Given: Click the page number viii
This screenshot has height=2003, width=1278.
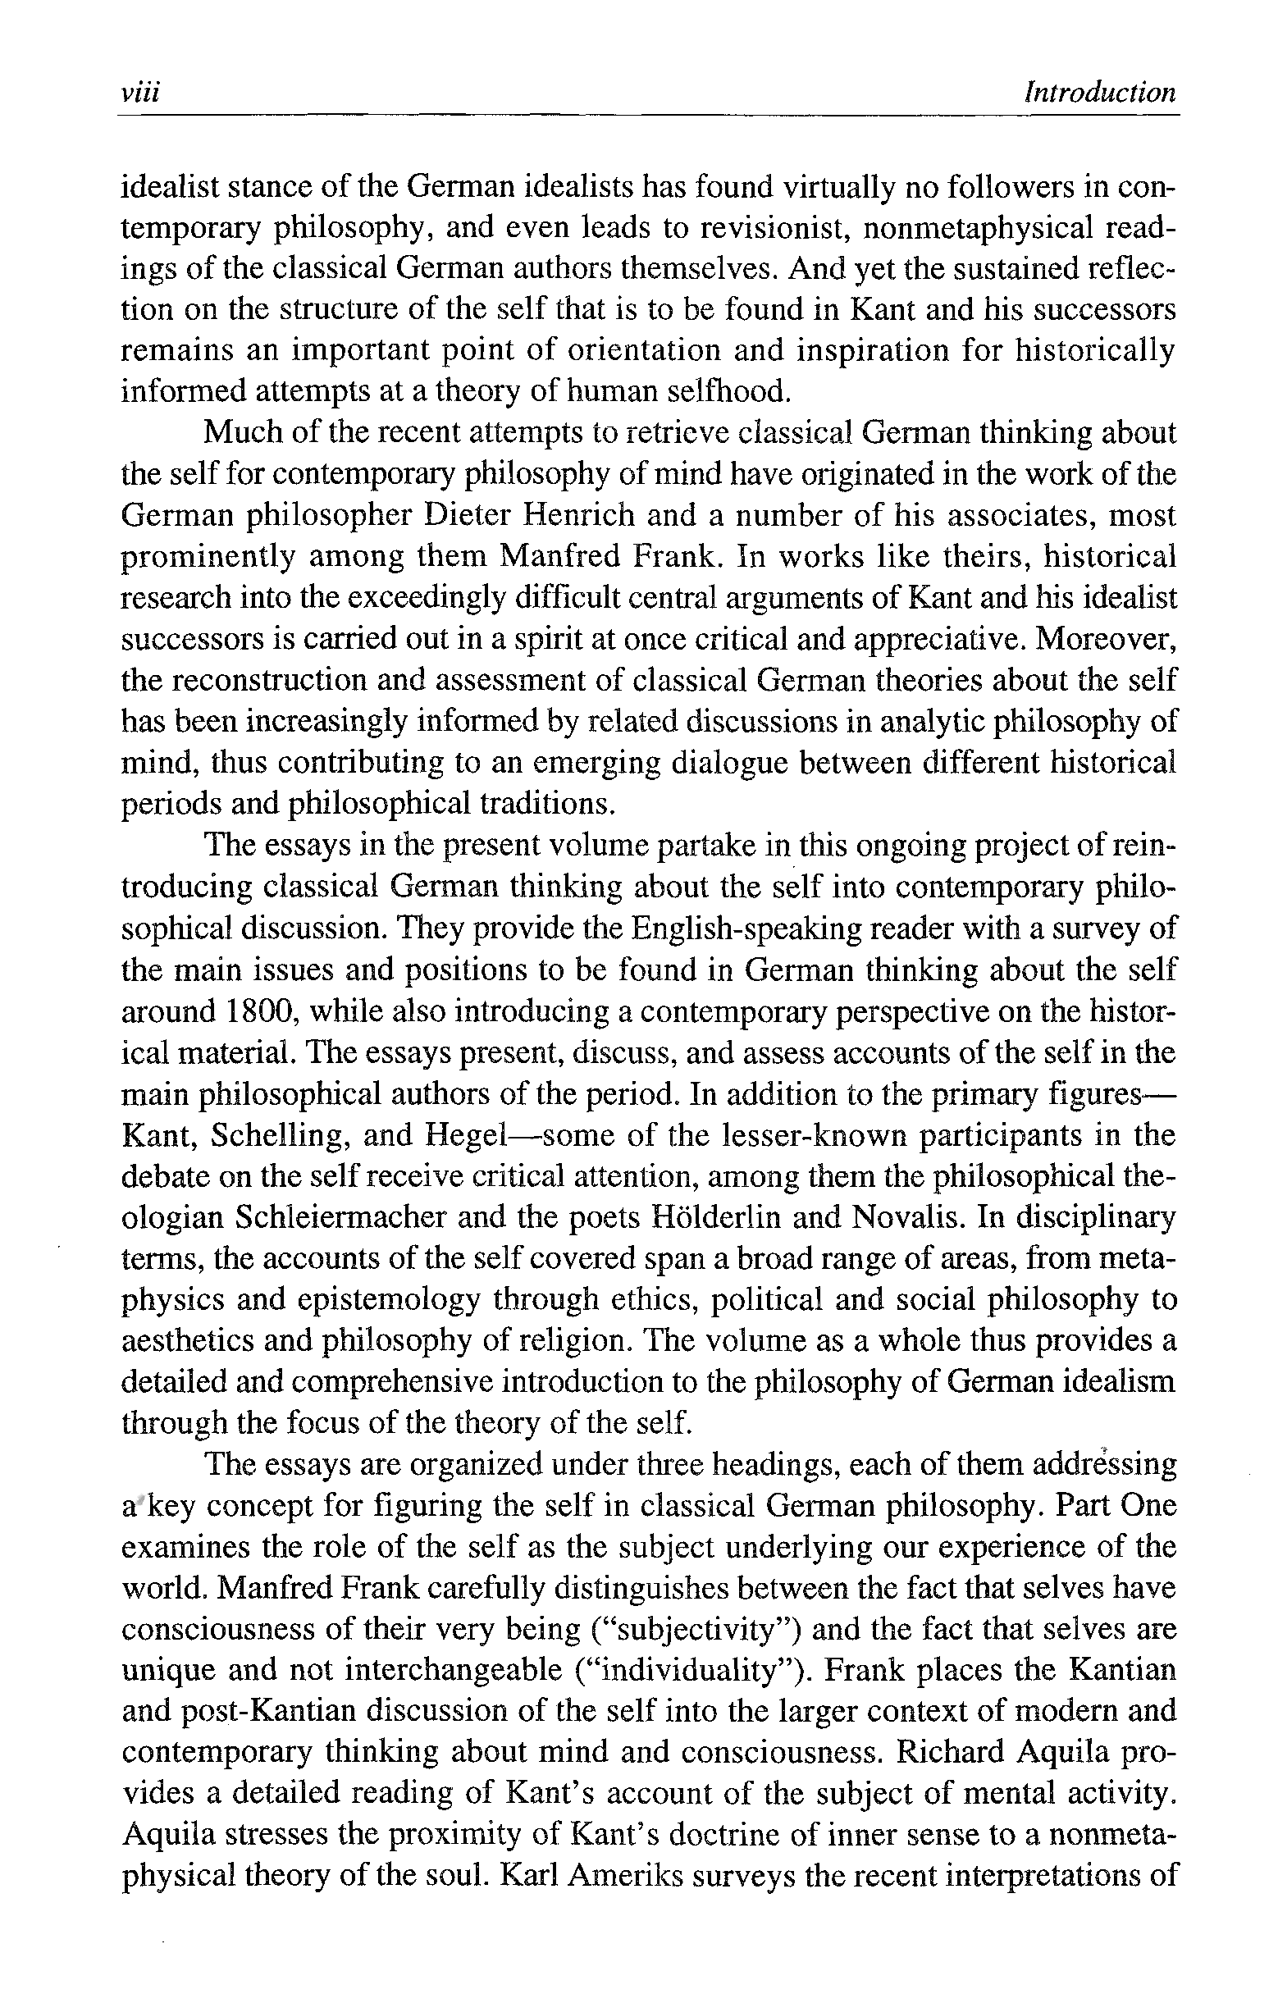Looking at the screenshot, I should click(x=139, y=93).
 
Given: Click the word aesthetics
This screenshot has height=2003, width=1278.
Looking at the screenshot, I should click(x=188, y=1341).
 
